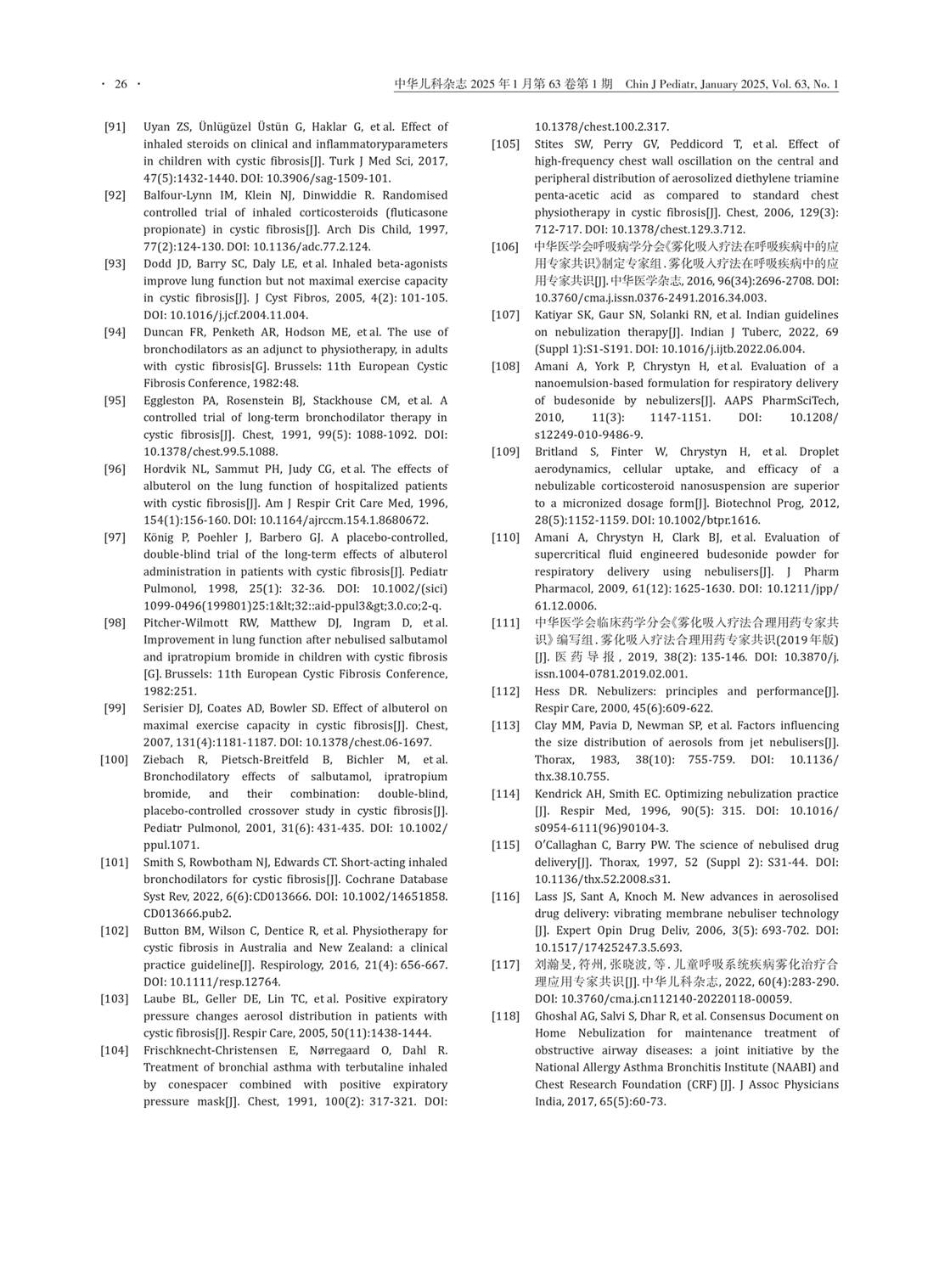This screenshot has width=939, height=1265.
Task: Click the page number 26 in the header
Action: point(120,84)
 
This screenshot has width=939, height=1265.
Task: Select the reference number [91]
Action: point(115,127)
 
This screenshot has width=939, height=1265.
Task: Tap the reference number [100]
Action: point(115,760)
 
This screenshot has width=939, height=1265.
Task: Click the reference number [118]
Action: point(506,1016)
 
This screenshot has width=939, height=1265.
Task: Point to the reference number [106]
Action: point(506,247)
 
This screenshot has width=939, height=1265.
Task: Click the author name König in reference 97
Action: point(158,537)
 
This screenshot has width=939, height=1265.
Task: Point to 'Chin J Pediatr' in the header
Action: point(660,84)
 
